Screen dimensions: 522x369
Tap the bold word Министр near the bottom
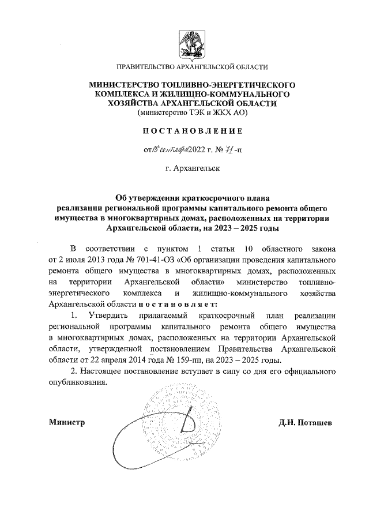(x=66, y=422)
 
